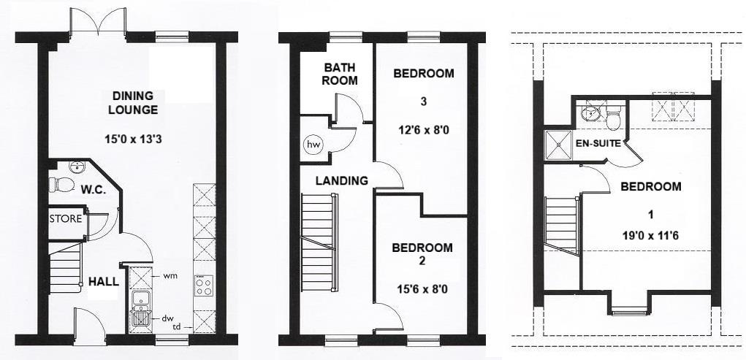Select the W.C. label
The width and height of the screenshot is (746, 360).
point(94,189)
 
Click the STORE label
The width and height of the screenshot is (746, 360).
point(66,219)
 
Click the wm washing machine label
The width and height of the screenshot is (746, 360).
point(170,276)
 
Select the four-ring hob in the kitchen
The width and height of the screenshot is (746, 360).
point(204,286)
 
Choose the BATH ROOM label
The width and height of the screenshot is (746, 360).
point(340,74)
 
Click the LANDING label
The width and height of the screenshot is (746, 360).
point(341,180)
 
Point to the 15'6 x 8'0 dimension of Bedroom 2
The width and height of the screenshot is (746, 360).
point(423,289)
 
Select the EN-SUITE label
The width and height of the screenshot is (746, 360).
point(598,143)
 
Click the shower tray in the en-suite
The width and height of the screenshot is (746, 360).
point(559,145)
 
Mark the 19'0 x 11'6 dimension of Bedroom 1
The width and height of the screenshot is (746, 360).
point(651,237)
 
